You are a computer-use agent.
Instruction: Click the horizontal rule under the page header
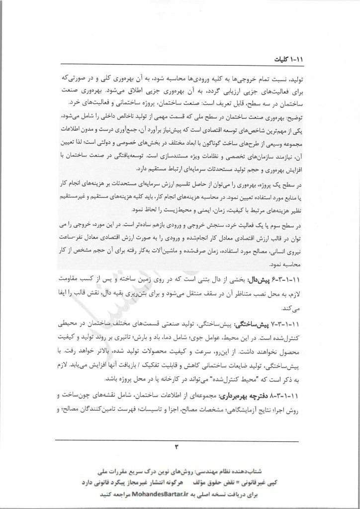(x=180, y=65)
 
